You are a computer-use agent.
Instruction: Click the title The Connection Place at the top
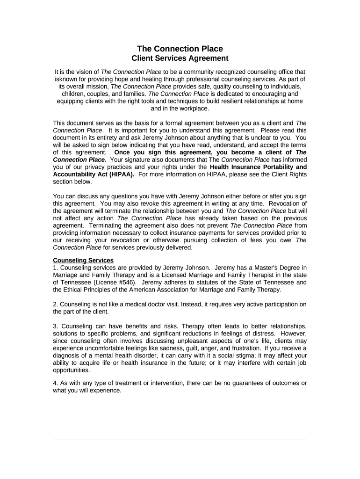coord(180,49)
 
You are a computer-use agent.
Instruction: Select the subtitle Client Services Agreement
coord(180,58)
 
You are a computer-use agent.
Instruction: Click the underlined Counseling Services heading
coord(83,261)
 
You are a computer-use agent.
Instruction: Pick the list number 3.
coord(55,326)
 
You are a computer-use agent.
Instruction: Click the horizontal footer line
coord(180,440)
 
